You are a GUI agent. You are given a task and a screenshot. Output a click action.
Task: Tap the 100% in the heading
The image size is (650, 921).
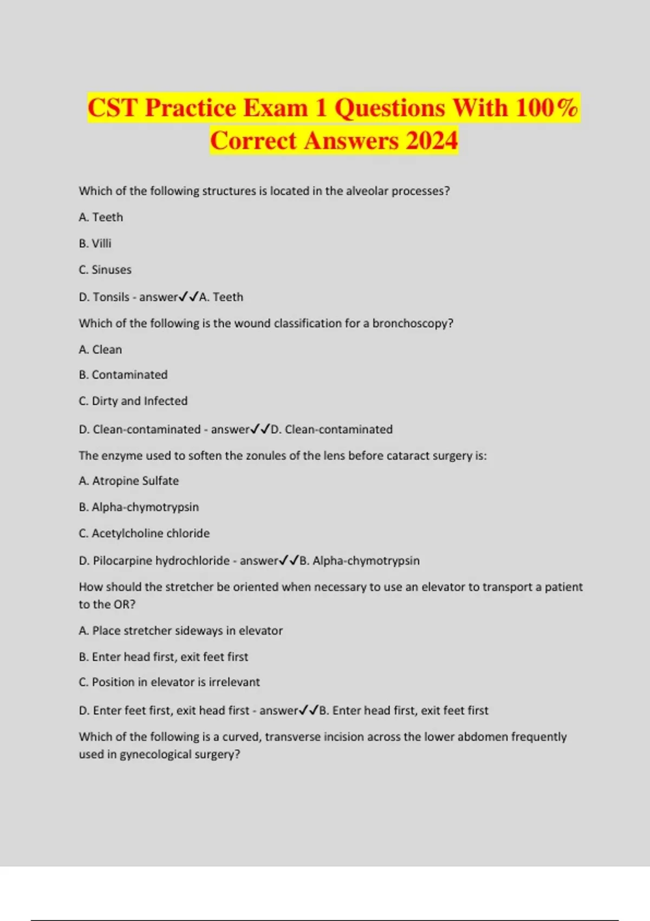tap(547, 107)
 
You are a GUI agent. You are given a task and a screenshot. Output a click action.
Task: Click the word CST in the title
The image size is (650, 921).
tap(112, 107)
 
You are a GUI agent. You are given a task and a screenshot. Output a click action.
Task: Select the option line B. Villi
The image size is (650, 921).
tap(95, 243)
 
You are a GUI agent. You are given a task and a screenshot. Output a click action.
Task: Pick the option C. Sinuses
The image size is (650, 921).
tap(105, 270)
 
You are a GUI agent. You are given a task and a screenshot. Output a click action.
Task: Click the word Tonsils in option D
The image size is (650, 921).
tap(111, 297)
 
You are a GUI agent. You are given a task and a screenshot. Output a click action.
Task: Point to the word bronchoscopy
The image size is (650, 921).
tap(413, 323)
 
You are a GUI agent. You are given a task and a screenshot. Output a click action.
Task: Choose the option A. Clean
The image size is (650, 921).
tap(100, 349)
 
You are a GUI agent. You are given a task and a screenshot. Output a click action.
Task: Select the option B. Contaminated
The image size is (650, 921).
tap(123, 375)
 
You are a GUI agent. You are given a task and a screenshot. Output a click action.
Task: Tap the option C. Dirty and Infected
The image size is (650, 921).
tap(133, 401)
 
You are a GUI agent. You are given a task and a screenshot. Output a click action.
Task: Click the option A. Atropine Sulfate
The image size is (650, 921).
tap(128, 481)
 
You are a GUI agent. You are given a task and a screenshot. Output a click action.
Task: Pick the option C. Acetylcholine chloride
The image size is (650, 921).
tap(144, 533)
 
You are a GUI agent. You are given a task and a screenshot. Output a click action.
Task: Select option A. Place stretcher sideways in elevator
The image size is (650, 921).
tap(180, 631)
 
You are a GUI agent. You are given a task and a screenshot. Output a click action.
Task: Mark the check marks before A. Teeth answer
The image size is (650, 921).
tap(188, 296)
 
